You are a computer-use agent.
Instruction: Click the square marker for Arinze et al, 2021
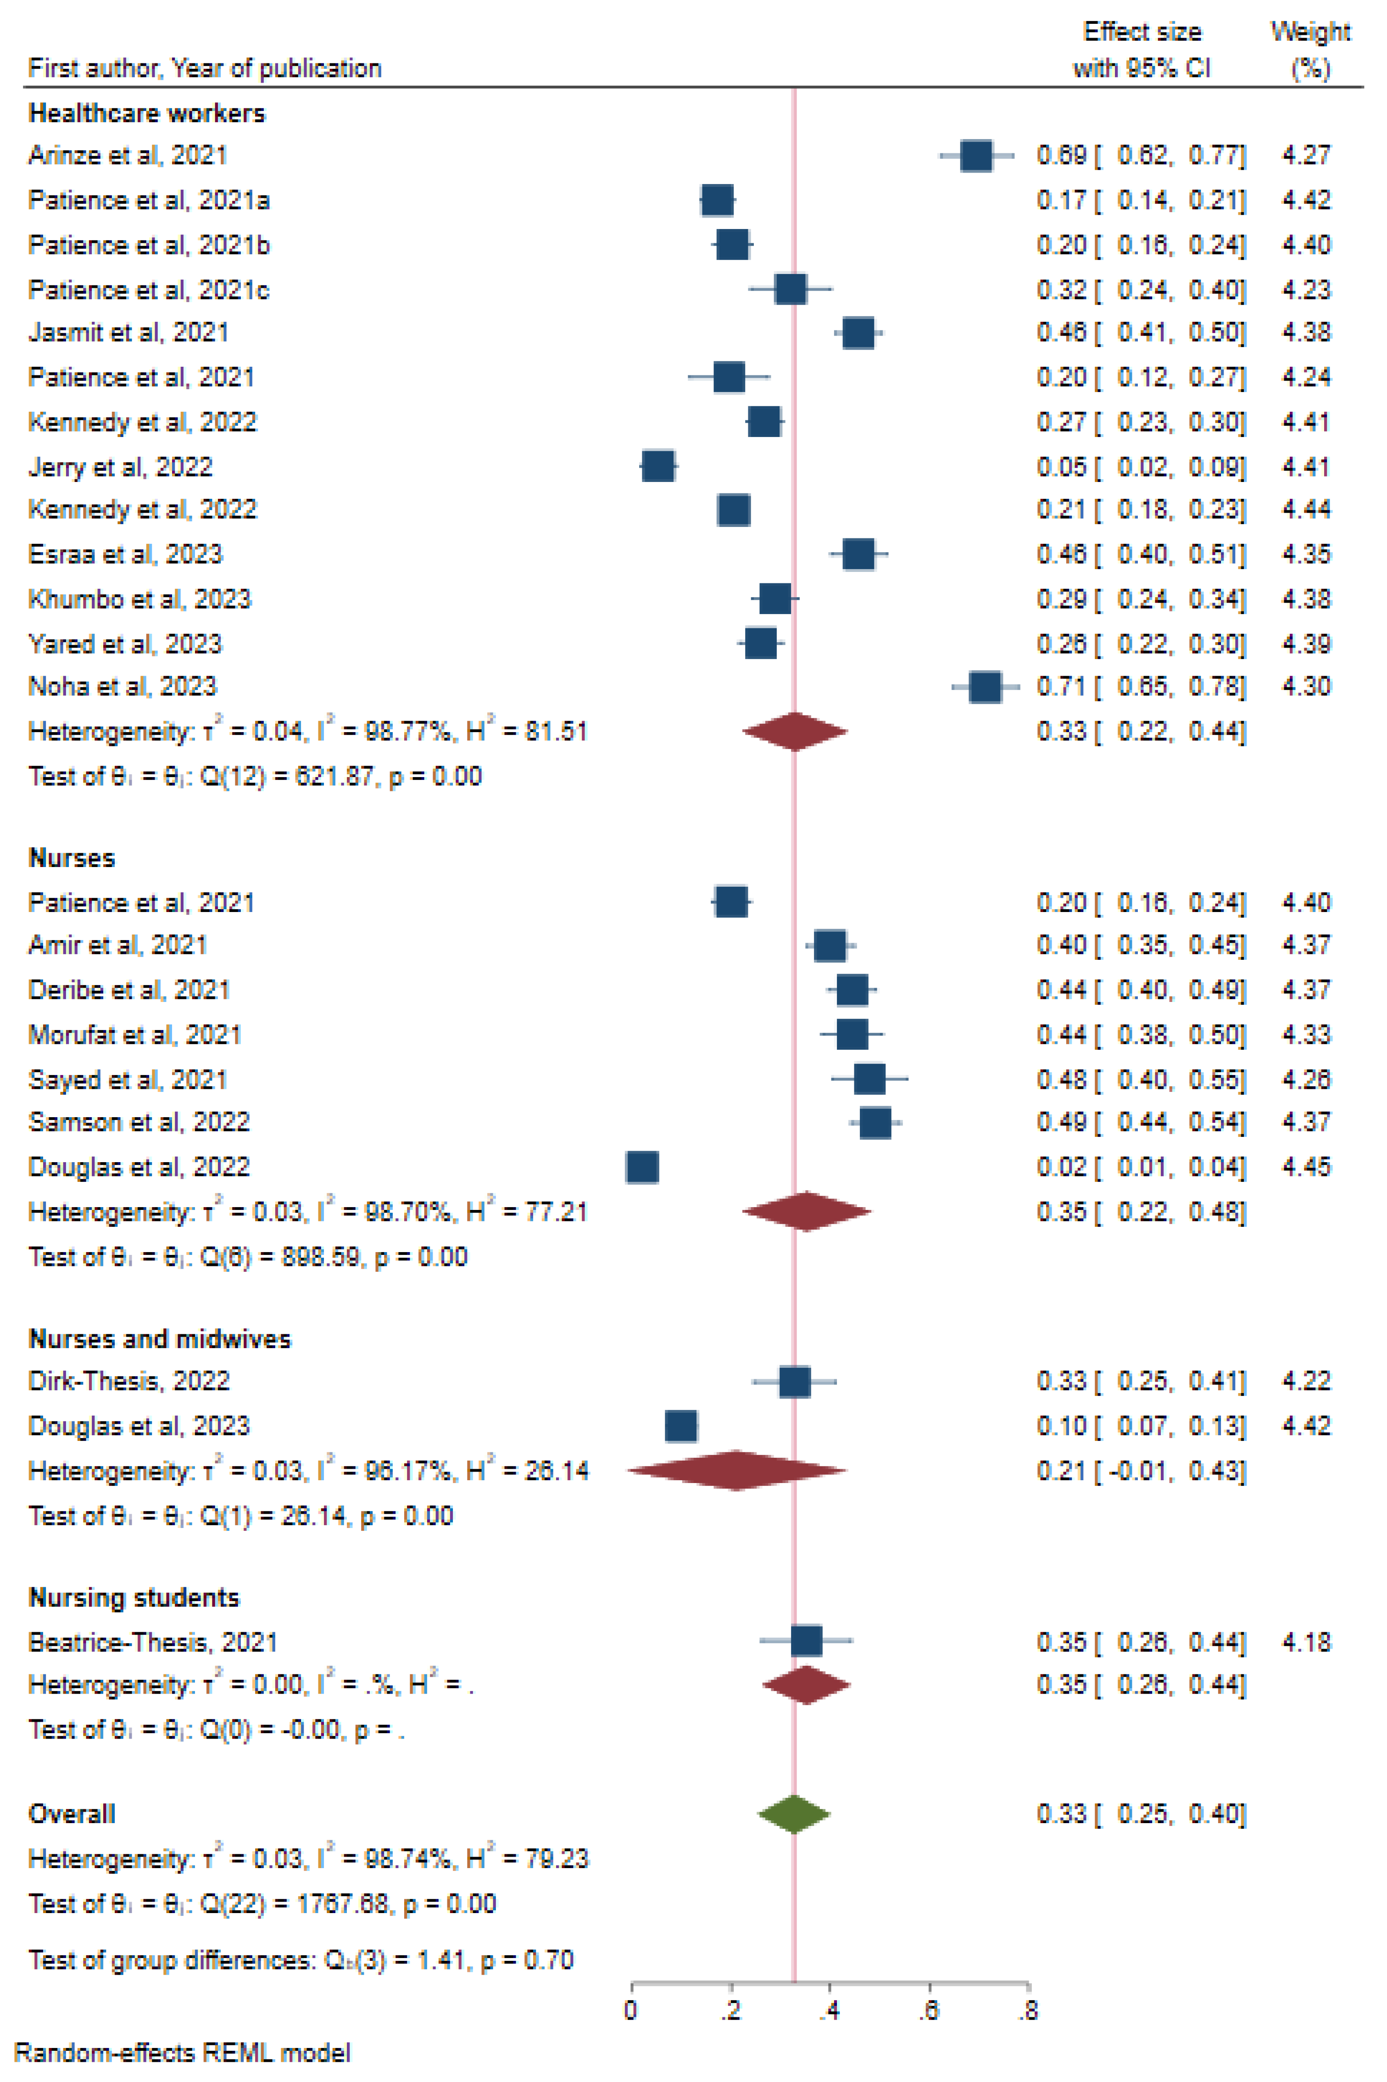(976, 156)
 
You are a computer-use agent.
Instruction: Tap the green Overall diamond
(793, 1814)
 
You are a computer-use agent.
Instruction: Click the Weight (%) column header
(1310, 50)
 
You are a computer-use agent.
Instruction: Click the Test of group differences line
(301, 1960)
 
